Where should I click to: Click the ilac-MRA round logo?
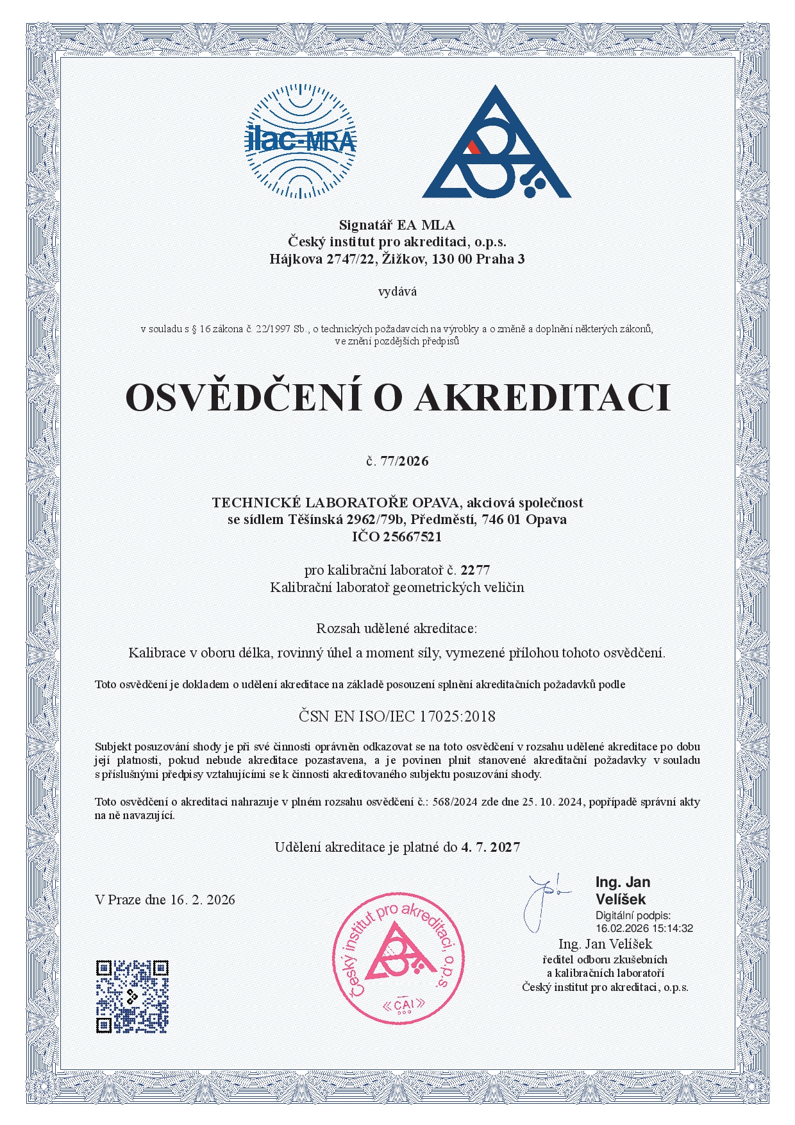301,142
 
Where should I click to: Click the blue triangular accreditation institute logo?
495,144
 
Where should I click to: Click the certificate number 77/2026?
404,461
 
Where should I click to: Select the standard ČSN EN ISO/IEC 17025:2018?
397,716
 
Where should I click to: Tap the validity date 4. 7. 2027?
490,847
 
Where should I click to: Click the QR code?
132,996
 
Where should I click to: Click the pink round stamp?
397,959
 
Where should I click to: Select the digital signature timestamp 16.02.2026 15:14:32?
644,928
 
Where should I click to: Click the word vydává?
397,292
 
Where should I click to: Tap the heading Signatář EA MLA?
397,225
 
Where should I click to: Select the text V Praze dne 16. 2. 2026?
165,900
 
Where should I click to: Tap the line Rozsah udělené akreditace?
397,627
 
